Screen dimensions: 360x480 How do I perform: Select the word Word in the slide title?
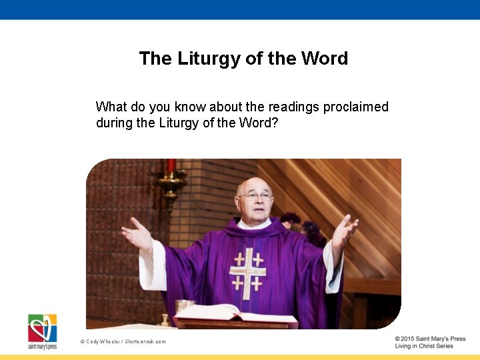(x=324, y=59)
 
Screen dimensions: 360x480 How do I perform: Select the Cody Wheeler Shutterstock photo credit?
(x=123, y=341)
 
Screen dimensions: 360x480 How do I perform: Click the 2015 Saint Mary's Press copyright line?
(x=429, y=339)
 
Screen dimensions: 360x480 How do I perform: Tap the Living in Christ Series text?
(x=423, y=346)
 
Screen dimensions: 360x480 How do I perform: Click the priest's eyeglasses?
(x=255, y=197)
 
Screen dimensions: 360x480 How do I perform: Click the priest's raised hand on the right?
(x=345, y=231)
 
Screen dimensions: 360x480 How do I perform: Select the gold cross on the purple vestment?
(x=247, y=270)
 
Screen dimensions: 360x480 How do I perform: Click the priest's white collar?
(x=253, y=223)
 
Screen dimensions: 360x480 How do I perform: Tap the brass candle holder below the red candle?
(x=171, y=183)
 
